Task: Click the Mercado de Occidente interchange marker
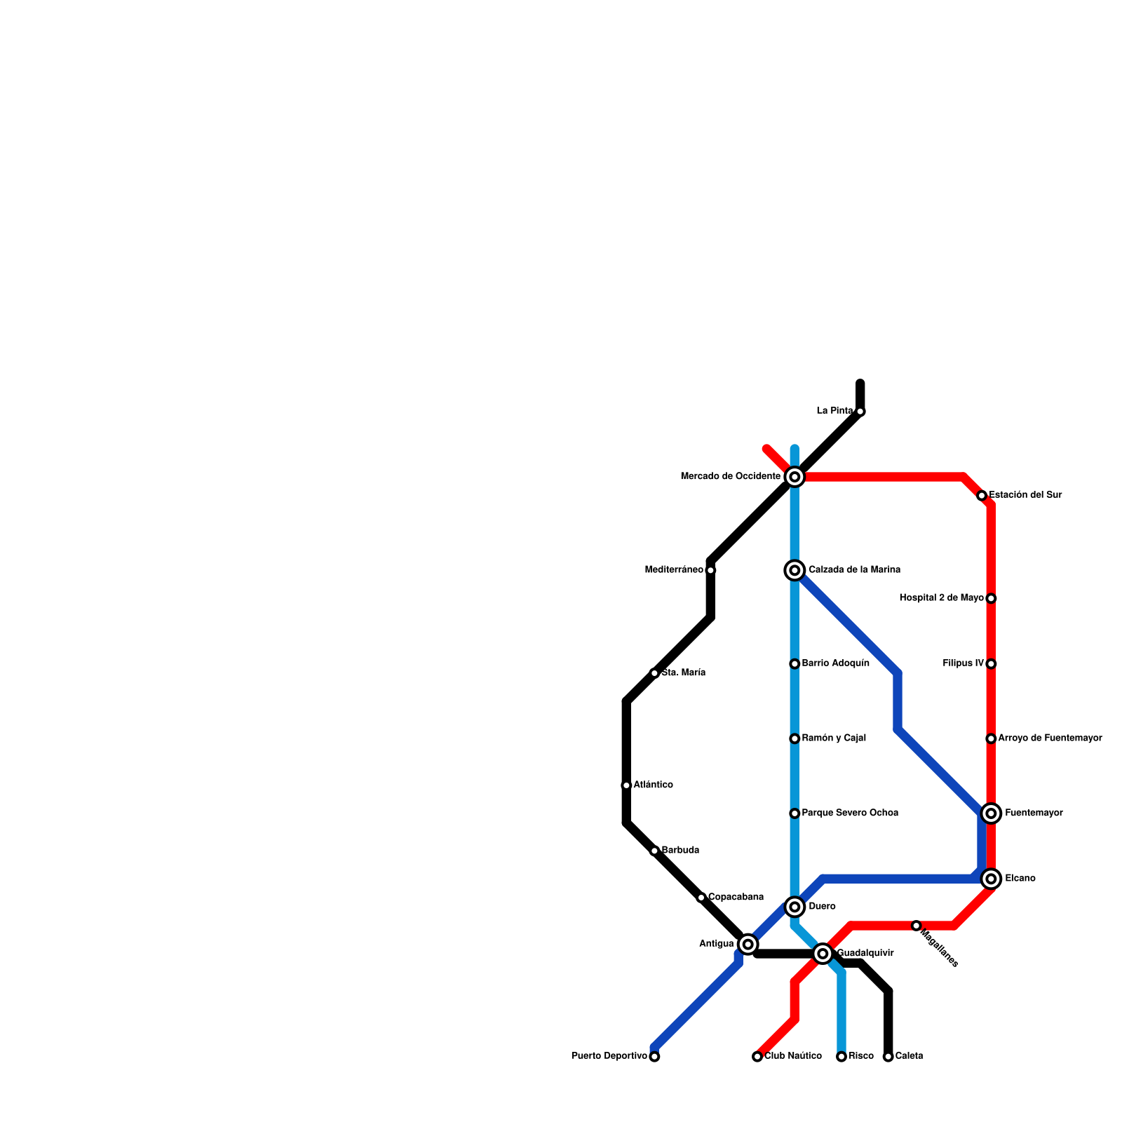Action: pyautogui.click(x=795, y=477)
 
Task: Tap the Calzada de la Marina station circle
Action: pyautogui.click(x=795, y=570)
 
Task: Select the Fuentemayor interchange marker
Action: pyautogui.click(x=991, y=813)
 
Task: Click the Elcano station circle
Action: pyautogui.click(x=991, y=879)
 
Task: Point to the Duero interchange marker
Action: pyautogui.click(x=795, y=907)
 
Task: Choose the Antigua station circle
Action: pyautogui.click(x=748, y=945)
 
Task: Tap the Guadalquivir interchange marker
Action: pyautogui.click(x=823, y=954)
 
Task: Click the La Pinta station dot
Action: pyautogui.click(x=860, y=412)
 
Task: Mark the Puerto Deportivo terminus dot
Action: pyautogui.click(x=654, y=1057)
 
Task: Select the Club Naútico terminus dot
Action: pyautogui.click(x=757, y=1057)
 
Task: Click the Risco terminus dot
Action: pyautogui.click(x=841, y=1057)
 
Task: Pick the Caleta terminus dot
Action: pyautogui.click(x=888, y=1057)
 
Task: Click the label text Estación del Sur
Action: pyautogui.click(x=1025, y=495)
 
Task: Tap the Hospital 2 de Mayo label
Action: pyautogui.click(x=941, y=598)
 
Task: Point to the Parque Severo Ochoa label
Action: pyautogui.click(x=850, y=813)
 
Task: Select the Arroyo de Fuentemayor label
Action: pyautogui.click(x=1050, y=738)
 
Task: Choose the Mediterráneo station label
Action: pyautogui.click(x=674, y=570)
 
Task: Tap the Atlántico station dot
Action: pyautogui.click(x=626, y=785)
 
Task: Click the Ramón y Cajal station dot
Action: pyautogui.click(x=795, y=738)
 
